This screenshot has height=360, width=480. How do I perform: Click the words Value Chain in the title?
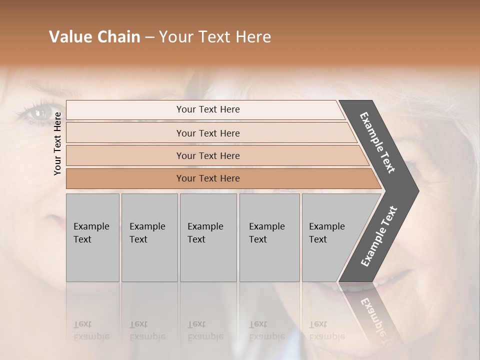coord(94,37)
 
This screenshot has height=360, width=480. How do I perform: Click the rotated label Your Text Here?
coord(57,143)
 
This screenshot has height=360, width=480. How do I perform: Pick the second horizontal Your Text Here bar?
coord(208,133)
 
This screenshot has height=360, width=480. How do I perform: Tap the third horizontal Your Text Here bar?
coord(208,155)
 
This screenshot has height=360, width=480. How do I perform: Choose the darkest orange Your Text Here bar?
coord(208,178)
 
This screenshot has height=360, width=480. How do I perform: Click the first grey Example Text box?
coord(92,237)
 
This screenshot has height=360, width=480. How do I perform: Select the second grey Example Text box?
coord(149,237)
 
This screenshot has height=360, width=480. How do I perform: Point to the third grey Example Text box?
coord(208,237)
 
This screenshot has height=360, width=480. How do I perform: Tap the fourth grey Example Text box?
coord(269,237)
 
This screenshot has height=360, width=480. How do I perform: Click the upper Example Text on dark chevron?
coord(377,142)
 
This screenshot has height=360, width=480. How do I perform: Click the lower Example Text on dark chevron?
coord(379,236)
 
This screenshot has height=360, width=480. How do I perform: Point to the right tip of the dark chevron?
coord(417,191)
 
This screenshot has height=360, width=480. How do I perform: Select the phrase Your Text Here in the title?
coord(215,37)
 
